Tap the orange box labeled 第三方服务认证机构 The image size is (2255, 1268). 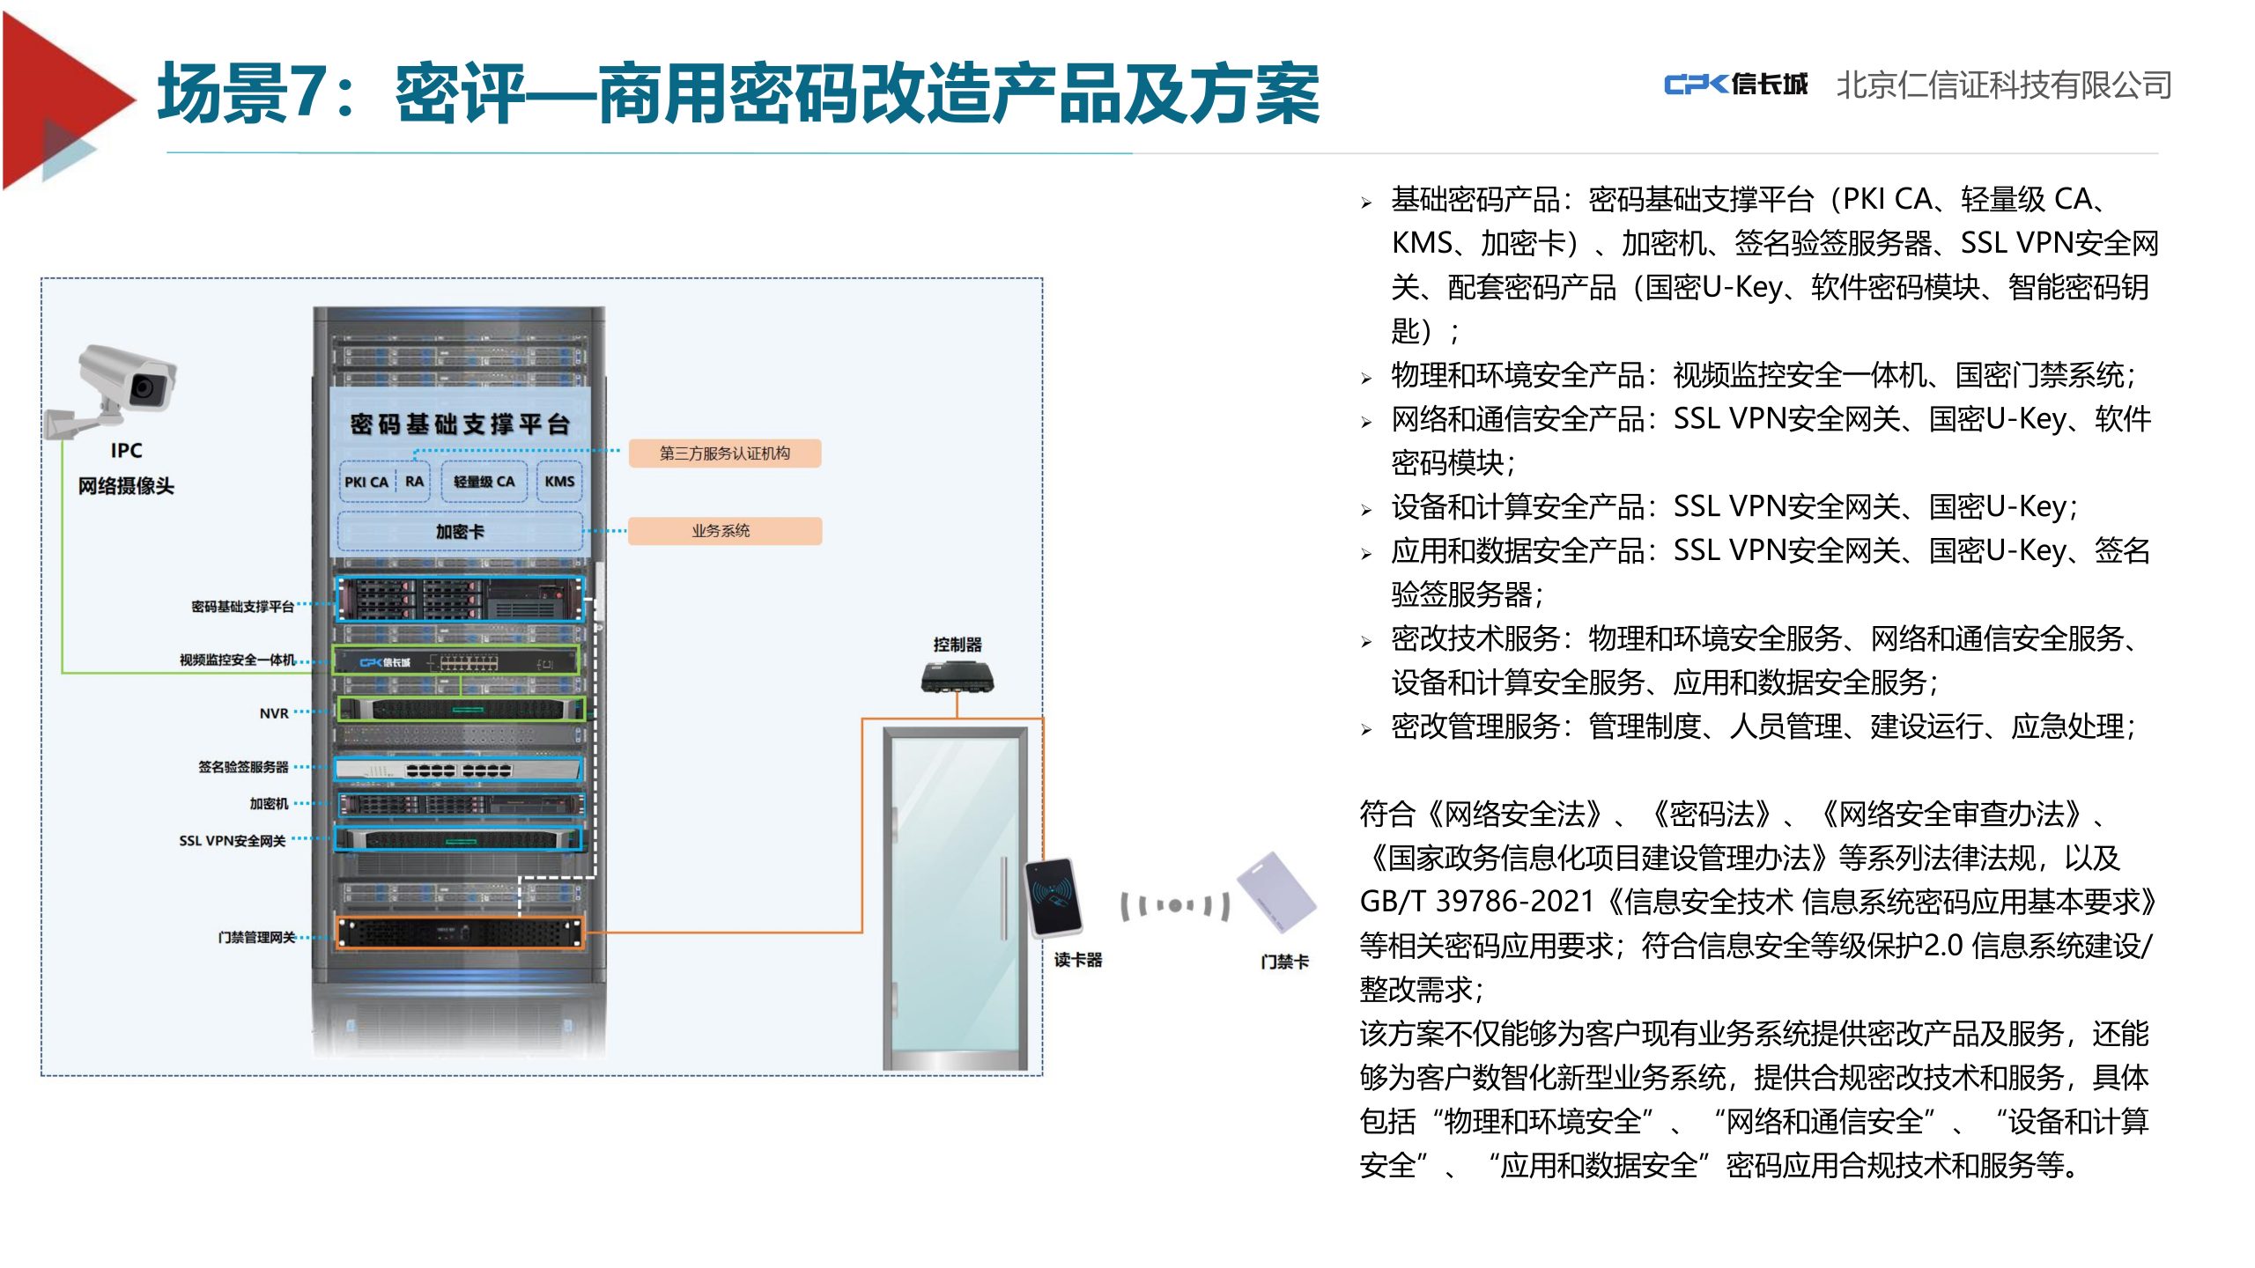[724, 453]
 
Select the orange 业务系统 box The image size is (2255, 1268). [724, 531]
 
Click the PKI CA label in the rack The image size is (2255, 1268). [366, 483]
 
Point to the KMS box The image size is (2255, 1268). [559, 482]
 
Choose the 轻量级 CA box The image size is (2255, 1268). [484, 482]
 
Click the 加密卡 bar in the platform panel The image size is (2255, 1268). [460, 532]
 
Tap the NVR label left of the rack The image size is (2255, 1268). [274, 713]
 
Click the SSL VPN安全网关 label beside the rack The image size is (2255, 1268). [233, 841]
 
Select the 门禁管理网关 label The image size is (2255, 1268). [257, 938]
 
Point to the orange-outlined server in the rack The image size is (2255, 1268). [460, 933]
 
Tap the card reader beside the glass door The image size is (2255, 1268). [1054, 896]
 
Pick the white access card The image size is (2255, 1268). [1276, 890]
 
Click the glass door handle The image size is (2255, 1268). [1003, 898]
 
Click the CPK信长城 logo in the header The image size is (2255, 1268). [1735, 85]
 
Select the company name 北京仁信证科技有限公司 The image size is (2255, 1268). [2004, 85]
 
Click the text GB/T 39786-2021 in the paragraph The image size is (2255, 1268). [1477, 902]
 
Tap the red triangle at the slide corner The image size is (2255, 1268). [62, 100]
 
